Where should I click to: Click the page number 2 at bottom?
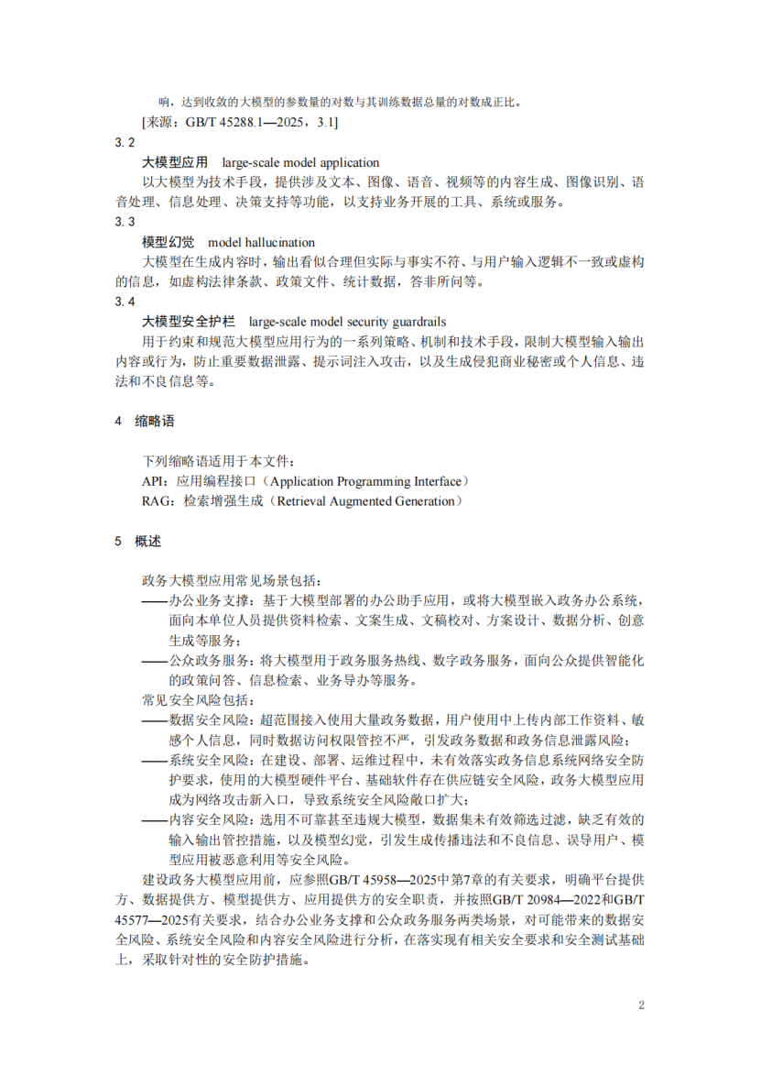coord(641,1005)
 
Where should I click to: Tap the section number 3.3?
coord(125,222)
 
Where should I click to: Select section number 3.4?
coord(125,302)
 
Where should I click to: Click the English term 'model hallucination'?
coord(262,242)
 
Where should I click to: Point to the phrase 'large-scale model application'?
coord(299,162)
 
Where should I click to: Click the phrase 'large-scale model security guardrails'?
coord(347,322)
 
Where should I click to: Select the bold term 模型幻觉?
coord(169,242)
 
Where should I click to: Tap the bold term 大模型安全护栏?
coord(189,322)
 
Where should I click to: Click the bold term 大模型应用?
coord(175,162)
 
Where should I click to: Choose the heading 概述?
coord(147,541)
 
